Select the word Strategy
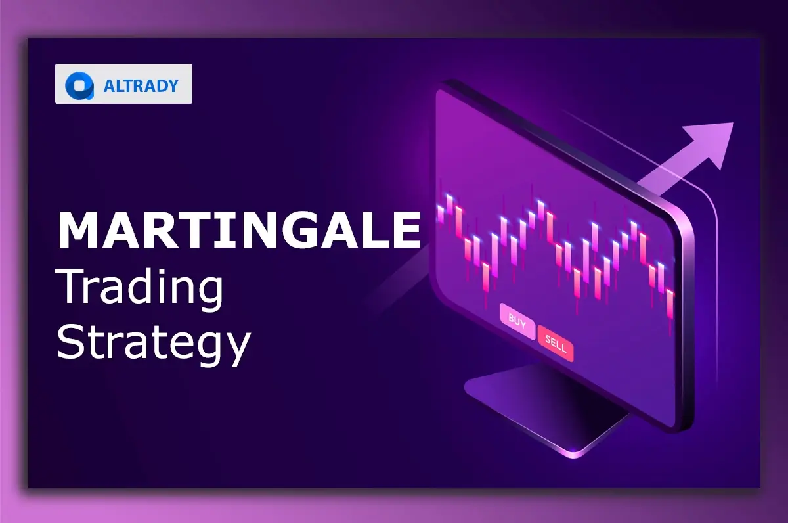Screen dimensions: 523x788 154,343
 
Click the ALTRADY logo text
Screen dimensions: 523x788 141,85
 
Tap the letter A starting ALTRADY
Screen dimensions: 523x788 110,85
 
